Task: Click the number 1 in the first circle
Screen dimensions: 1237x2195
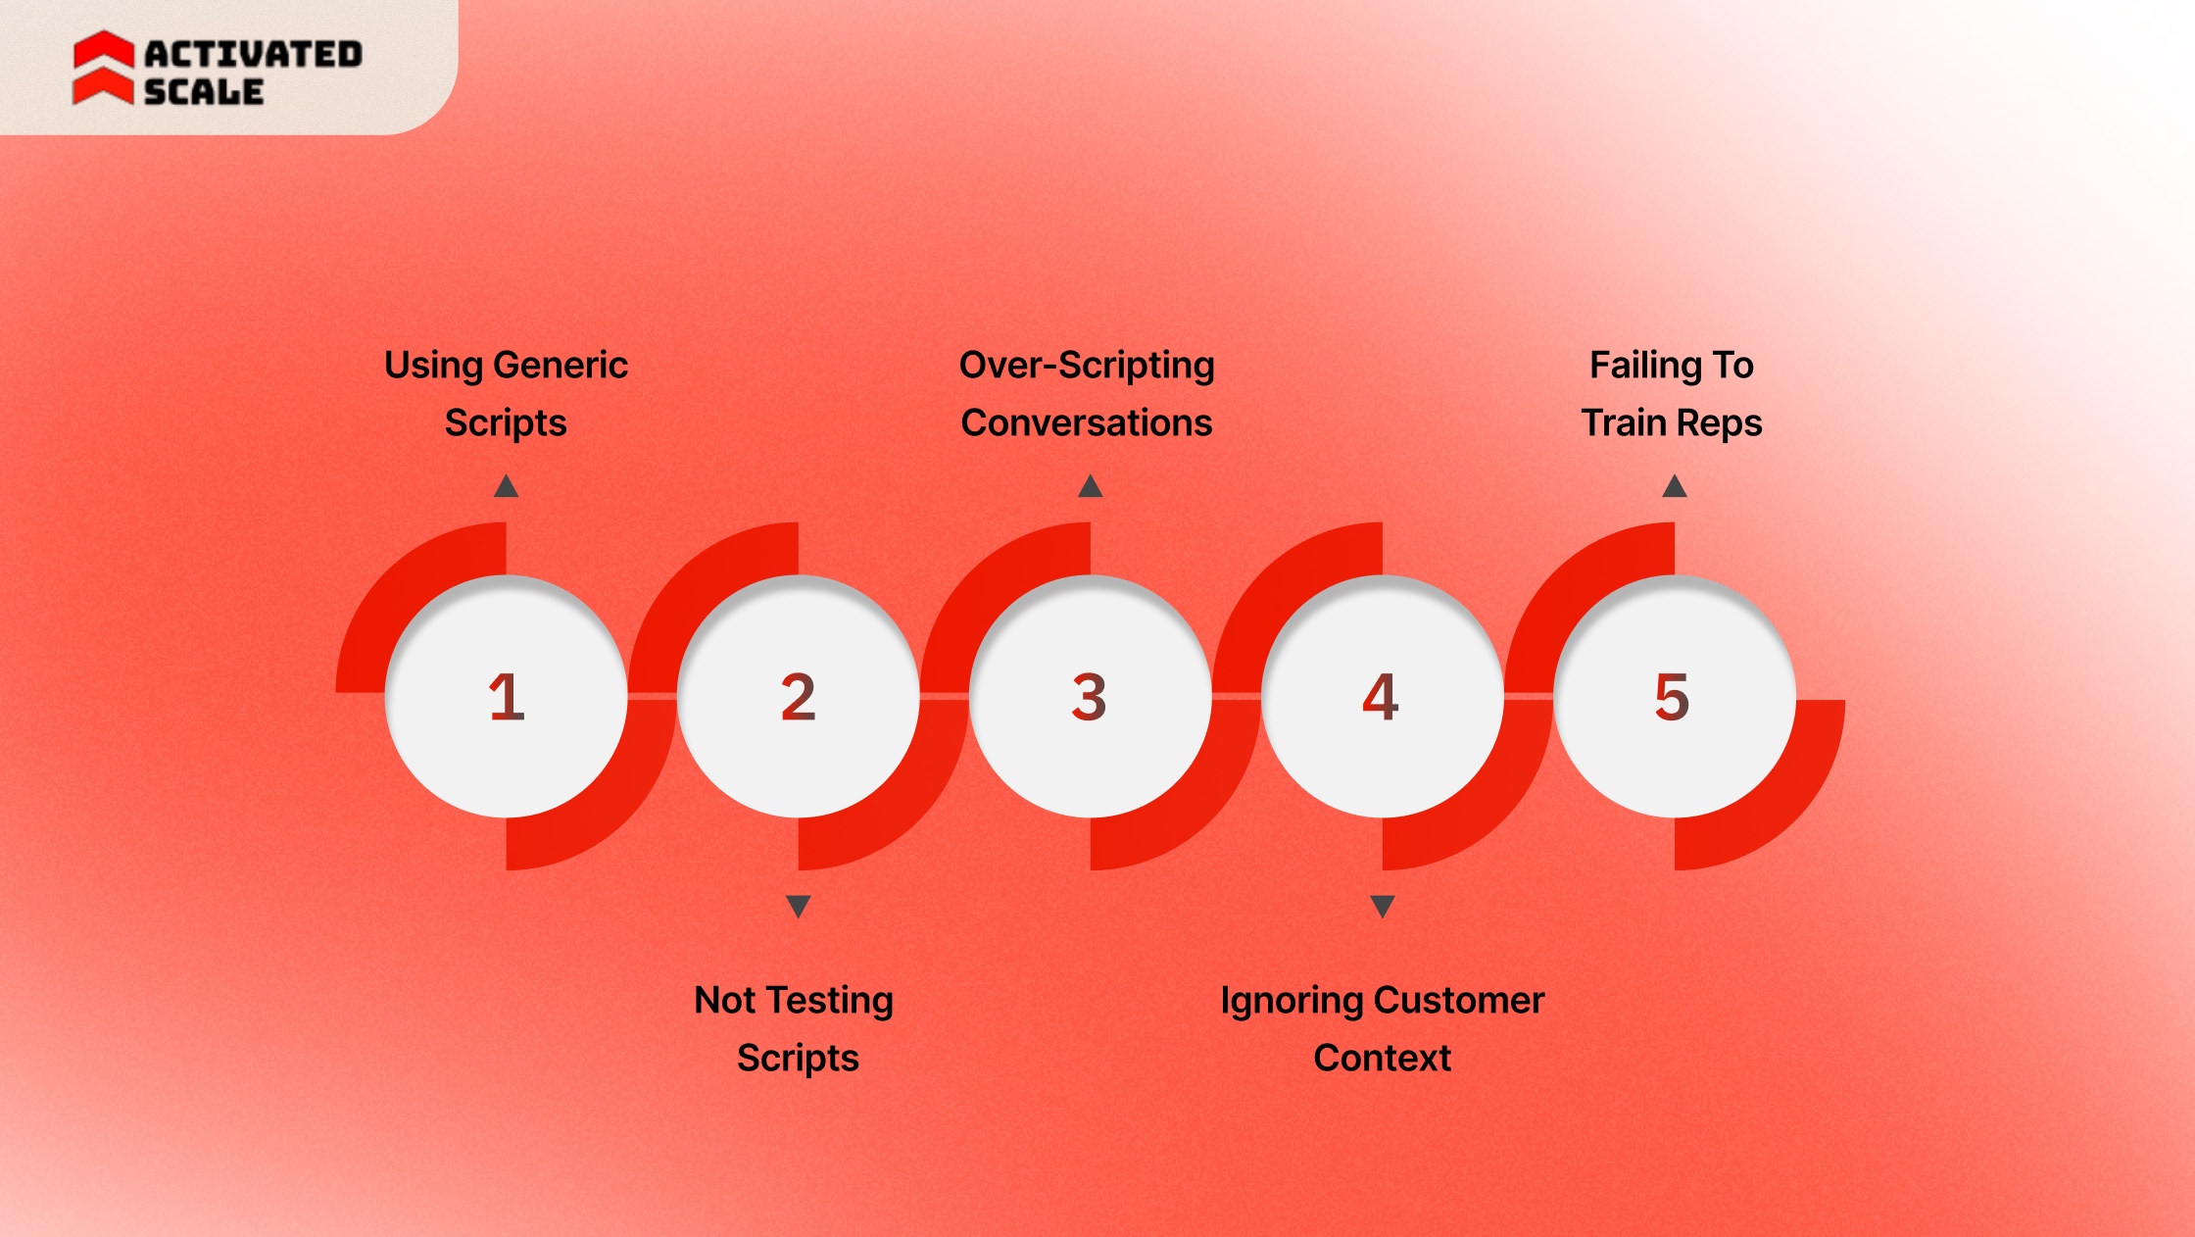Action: point(507,697)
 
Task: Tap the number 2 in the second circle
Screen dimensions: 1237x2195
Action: point(798,697)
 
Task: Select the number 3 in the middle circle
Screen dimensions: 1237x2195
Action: point(1089,697)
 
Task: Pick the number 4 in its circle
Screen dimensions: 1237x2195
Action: point(1381,697)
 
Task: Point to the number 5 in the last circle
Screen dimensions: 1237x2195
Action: point(1672,697)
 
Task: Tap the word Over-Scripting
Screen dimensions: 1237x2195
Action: point(1087,365)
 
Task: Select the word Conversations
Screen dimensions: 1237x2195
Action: point(1087,422)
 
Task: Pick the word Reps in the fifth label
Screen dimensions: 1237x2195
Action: point(1721,422)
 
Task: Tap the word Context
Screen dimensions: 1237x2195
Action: point(1382,1058)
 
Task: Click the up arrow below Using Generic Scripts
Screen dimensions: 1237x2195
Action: point(506,486)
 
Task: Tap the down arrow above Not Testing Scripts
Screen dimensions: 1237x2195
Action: point(798,907)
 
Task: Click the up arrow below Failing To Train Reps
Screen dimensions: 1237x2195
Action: point(1674,486)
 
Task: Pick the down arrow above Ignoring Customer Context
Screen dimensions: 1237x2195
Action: point(1382,907)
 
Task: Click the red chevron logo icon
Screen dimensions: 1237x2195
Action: point(104,67)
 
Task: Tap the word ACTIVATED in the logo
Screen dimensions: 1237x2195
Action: point(253,54)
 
